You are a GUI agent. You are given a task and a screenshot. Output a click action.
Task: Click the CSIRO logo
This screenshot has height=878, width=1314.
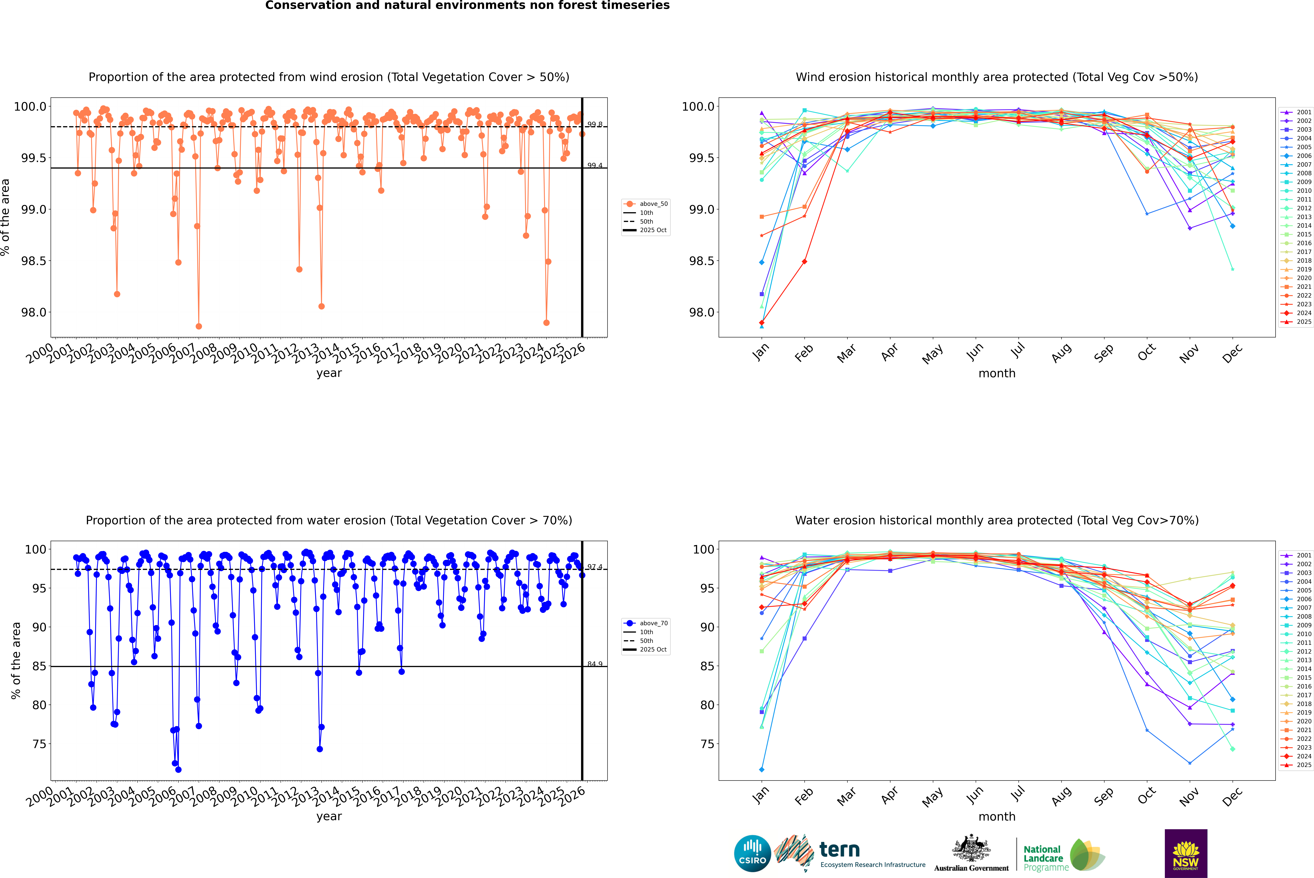point(752,853)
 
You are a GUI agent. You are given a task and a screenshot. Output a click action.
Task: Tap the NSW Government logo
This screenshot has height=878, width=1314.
point(1186,853)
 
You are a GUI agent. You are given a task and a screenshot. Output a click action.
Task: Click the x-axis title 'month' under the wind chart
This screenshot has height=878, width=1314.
point(996,374)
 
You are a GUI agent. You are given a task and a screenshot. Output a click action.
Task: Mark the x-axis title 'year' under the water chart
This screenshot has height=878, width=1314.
point(329,816)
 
